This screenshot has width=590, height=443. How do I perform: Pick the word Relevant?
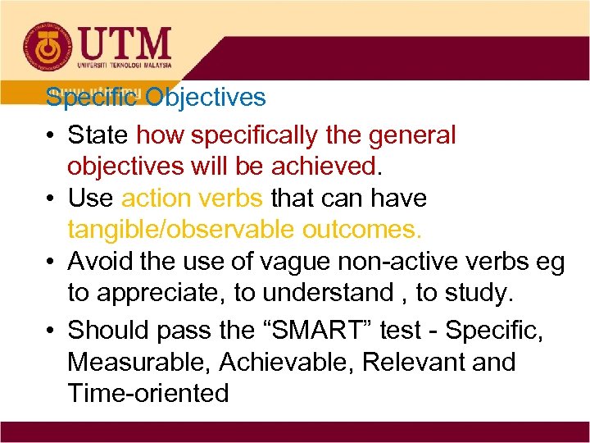pos(407,362)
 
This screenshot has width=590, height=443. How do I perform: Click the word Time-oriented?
pos(148,394)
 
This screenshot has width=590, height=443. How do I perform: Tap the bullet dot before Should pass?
pos(52,330)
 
